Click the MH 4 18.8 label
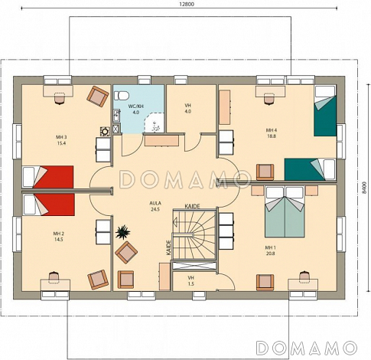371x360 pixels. click(x=271, y=133)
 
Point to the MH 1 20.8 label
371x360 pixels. click(x=270, y=251)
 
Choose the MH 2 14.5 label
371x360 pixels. click(x=57, y=236)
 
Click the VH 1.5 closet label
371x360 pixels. click(x=190, y=280)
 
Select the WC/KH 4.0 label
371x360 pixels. click(x=135, y=109)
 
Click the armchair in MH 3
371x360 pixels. click(x=97, y=96)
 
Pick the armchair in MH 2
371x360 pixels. click(x=97, y=279)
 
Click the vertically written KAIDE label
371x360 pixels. click(x=168, y=247)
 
